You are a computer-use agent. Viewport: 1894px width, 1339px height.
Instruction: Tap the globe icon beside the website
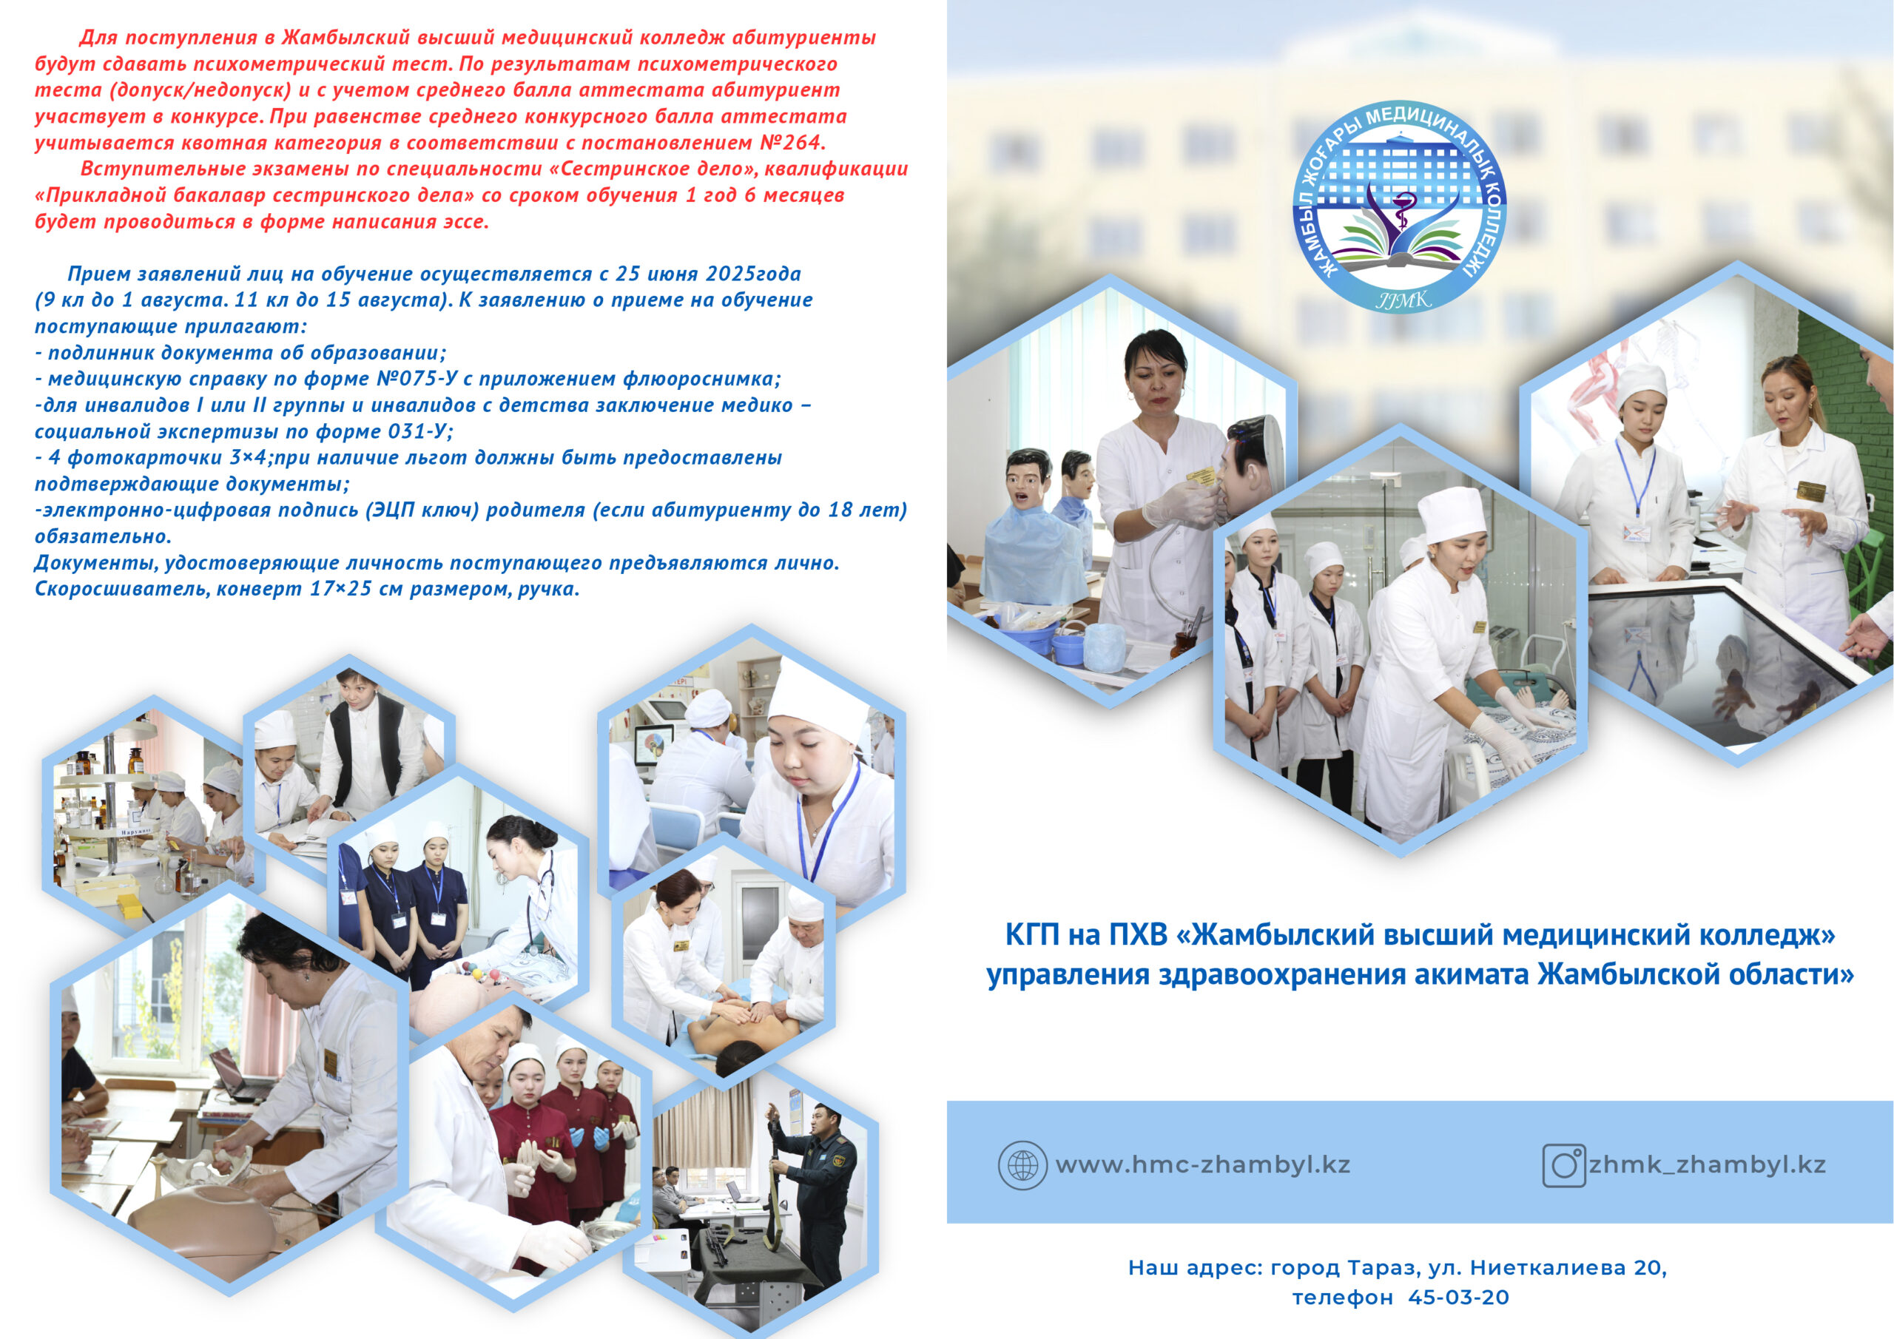pyautogui.click(x=1022, y=1165)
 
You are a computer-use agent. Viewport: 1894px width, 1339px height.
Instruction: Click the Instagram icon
pyautogui.click(x=1564, y=1166)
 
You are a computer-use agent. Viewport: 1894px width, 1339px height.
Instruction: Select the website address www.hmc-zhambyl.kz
pyautogui.click(x=1203, y=1165)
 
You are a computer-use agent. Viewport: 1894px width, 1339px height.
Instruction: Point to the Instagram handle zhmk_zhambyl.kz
pyautogui.click(x=1708, y=1165)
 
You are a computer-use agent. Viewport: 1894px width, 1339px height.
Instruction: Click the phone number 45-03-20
pyautogui.click(x=1458, y=1297)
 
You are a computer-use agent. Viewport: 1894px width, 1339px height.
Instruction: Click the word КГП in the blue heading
pyautogui.click(x=1033, y=935)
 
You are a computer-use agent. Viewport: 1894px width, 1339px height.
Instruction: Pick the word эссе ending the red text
pyautogui.click(x=465, y=222)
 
